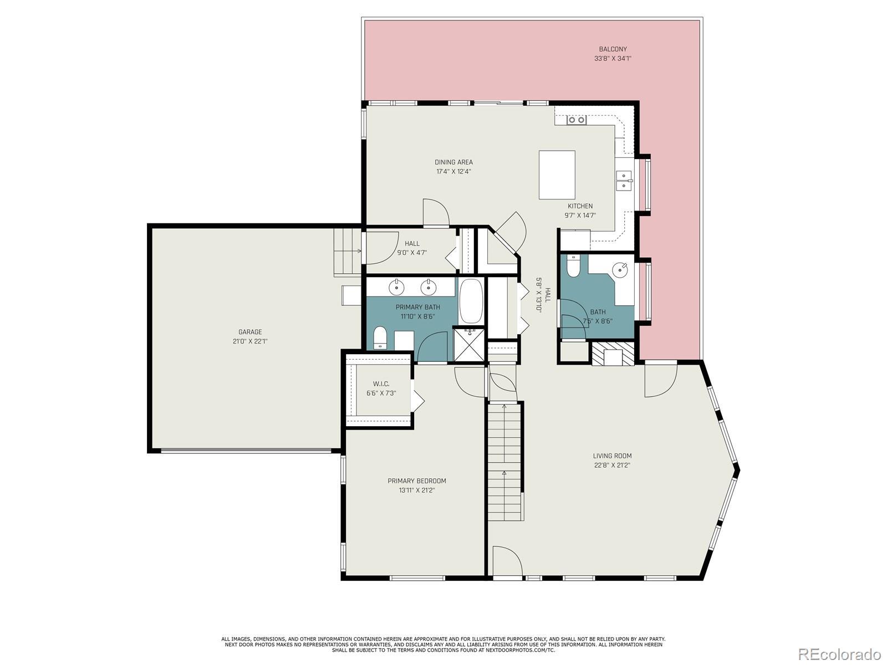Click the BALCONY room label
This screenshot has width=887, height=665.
pyautogui.click(x=613, y=49)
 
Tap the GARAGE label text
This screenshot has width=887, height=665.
pyautogui.click(x=250, y=332)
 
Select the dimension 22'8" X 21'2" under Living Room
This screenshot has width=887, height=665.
pyautogui.click(x=612, y=465)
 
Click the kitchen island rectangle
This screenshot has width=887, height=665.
pyautogui.click(x=557, y=175)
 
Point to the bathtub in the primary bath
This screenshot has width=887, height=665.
pyautogui.click(x=471, y=301)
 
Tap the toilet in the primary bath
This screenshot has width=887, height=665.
pyautogui.click(x=380, y=337)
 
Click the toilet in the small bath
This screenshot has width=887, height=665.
pyautogui.click(x=573, y=265)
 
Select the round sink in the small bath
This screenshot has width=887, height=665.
pyautogui.click(x=620, y=270)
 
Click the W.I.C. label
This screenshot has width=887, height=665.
pyautogui.click(x=381, y=383)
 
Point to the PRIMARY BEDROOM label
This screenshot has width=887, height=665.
pyautogui.click(x=417, y=481)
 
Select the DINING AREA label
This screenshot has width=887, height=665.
pyautogui.click(x=453, y=162)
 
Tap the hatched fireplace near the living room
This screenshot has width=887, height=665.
pyautogui.click(x=613, y=354)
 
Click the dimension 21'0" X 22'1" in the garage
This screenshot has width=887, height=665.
pyautogui.click(x=250, y=341)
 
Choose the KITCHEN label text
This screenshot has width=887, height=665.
pyautogui.click(x=580, y=206)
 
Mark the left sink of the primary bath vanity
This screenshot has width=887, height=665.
pyautogui.click(x=396, y=287)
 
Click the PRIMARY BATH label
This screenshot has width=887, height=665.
pyautogui.click(x=418, y=307)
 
